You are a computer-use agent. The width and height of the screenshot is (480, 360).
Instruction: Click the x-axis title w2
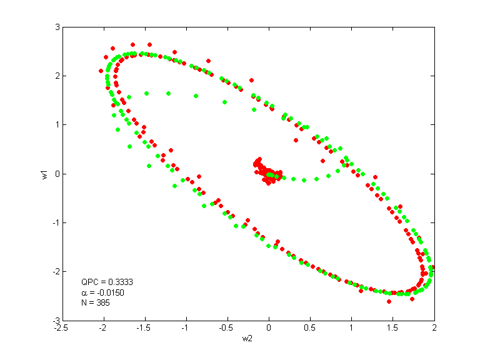[x=248, y=339]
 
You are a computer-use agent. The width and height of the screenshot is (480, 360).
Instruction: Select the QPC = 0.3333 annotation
[x=107, y=282]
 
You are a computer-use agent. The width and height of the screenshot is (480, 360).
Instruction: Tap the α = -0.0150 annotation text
[x=102, y=292]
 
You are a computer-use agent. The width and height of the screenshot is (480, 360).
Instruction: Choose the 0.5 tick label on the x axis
[x=310, y=327]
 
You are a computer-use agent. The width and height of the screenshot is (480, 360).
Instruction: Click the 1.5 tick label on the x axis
[x=392, y=327]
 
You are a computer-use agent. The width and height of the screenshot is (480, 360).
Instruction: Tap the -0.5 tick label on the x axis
[x=227, y=327]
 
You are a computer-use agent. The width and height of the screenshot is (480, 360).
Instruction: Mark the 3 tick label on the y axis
[x=56, y=27]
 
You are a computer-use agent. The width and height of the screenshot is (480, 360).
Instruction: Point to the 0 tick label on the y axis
[x=56, y=174]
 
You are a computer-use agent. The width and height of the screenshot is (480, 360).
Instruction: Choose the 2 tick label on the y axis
[x=56, y=76]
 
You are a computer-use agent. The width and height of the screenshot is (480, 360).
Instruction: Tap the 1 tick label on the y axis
[x=56, y=125]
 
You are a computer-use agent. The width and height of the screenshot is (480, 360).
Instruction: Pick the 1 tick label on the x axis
[x=351, y=327]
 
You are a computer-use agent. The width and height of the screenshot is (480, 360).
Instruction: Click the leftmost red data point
[x=101, y=71]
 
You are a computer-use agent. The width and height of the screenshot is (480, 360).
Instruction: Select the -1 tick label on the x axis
[x=186, y=327]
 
